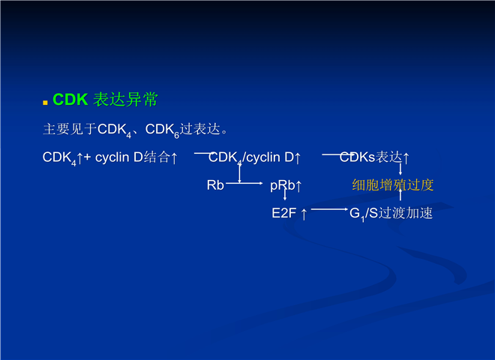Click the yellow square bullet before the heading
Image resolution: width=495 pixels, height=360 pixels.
click(x=45, y=102)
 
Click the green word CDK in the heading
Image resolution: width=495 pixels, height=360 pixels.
click(x=70, y=100)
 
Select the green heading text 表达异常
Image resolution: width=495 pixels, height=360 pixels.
click(x=125, y=100)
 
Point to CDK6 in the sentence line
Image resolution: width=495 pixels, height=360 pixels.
click(x=162, y=130)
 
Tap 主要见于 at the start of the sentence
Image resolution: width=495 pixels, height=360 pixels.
click(x=70, y=129)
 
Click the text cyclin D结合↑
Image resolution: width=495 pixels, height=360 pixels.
click(x=136, y=157)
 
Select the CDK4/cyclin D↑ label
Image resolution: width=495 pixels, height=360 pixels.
click(x=254, y=157)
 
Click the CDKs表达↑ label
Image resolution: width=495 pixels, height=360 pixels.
click(x=374, y=157)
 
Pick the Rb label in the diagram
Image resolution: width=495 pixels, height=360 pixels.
click(x=215, y=185)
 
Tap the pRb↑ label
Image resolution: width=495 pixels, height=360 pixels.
click(x=286, y=186)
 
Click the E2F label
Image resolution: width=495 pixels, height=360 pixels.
click(x=283, y=213)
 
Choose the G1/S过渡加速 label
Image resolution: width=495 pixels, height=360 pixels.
click(x=391, y=214)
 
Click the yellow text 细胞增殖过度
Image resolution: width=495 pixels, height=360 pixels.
click(x=393, y=185)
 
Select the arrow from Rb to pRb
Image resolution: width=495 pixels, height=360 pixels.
click(x=244, y=183)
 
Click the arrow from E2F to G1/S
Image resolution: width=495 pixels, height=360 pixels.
click(x=329, y=209)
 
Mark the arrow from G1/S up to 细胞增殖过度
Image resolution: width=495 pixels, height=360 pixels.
click(x=400, y=194)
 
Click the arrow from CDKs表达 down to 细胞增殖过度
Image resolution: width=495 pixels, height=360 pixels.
click(x=400, y=169)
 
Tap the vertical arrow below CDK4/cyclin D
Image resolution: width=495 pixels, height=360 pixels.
click(x=239, y=173)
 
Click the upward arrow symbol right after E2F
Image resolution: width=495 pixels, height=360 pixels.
click(x=304, y=214)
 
